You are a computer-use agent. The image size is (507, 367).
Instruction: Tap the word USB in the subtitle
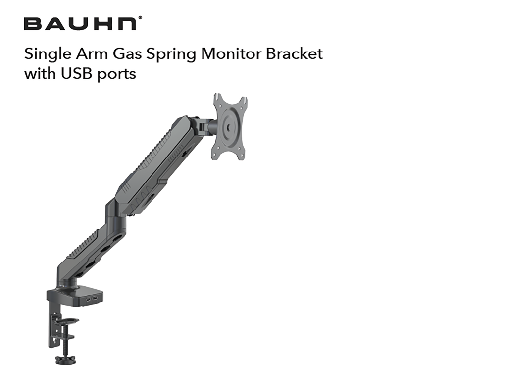(x=75, y=74)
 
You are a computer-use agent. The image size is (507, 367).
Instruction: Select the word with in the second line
(x=37, y=74)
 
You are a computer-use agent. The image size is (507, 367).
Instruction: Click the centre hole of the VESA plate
(x=228, y=126)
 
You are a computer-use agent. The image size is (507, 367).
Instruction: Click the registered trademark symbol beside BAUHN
(x=141, y=18)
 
